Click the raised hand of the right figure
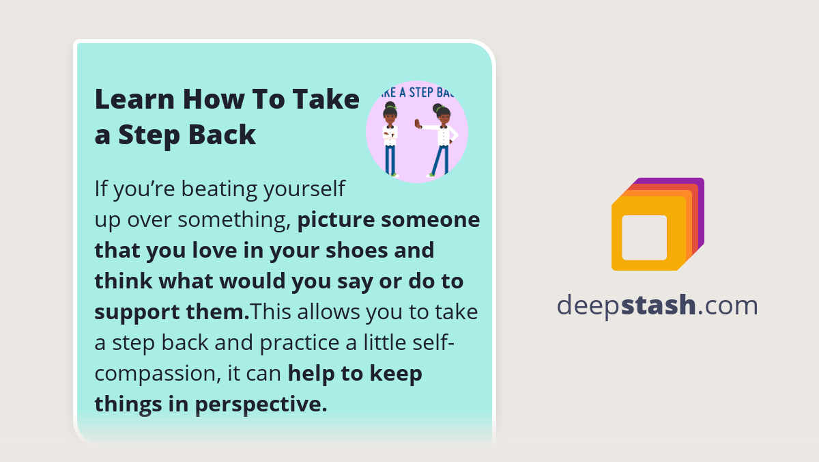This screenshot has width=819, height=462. click(x=418, y=124)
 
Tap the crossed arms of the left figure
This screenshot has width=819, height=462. click(x=390, y=133)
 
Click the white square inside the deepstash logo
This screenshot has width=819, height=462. click(x=644, y=237)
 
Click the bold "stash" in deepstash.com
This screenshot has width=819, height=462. click(x=659, y=305)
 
